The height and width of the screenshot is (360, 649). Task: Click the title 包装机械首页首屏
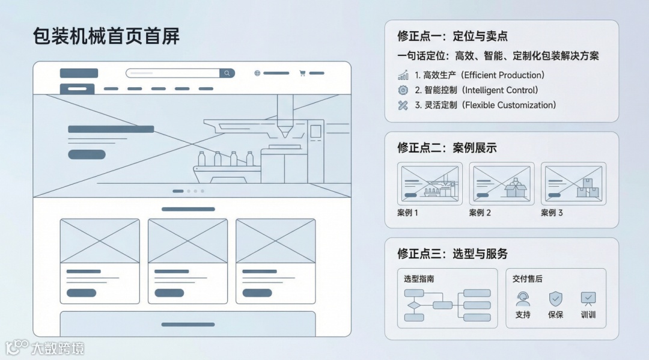pos(106,37)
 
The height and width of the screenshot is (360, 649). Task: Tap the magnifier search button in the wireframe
pos(227,73)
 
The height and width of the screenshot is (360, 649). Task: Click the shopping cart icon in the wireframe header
pos(302,73)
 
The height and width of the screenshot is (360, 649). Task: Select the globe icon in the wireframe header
pos(257,73)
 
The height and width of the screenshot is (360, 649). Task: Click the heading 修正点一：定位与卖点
pos(452,36)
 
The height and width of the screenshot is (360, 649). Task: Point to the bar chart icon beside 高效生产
pos(403,76)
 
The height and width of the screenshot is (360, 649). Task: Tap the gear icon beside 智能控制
pos(403,90)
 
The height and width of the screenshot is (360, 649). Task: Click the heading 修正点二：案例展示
pos(447,148)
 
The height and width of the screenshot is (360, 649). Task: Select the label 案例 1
pos(407,213)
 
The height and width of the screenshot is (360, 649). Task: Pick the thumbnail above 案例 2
pos(501,183)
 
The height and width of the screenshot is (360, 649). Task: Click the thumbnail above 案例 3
pos(573,183)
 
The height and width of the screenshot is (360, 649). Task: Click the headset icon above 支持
pos(523,298)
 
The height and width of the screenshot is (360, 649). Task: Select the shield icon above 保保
pos(555,298)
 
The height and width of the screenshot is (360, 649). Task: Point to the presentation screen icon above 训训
pos(588,298)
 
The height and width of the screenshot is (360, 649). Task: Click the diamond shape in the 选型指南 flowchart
pos(413,305)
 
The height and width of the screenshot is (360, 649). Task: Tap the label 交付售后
pos(527,279)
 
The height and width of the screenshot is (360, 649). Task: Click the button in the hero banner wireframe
pos(87,154)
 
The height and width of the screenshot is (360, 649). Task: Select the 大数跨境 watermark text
pos(58,348)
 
